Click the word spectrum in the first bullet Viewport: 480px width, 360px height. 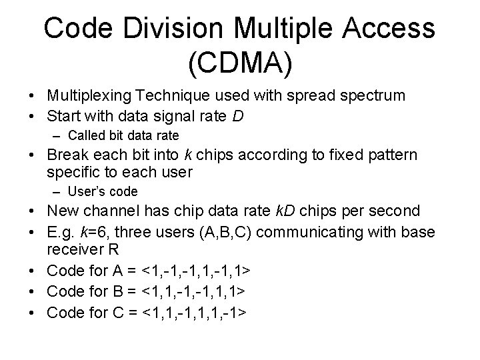tap(369, 95)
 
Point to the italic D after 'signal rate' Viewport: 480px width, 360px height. tap(238, 116)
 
